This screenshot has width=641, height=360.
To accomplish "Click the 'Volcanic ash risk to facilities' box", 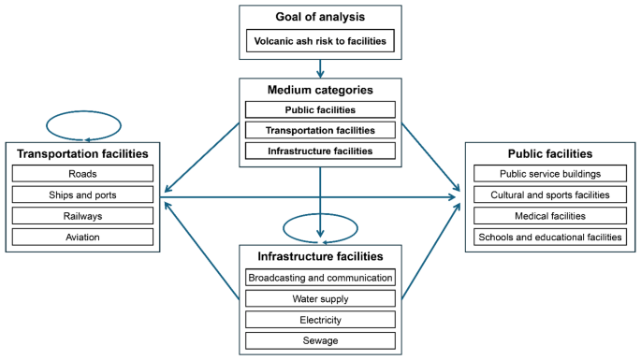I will click(320, 41).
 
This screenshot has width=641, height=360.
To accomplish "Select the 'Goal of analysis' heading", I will click(320, 18).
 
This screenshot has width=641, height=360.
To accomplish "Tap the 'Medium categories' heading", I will click(320, 91).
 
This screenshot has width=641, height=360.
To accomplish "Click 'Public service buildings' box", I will click(549, 174).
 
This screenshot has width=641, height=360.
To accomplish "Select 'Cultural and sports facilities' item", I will click(549, 194).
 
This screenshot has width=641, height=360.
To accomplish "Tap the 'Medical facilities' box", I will click(549, 216).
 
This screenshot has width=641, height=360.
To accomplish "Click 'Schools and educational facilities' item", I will click(549, 237).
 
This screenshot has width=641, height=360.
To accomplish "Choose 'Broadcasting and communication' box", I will click(320, 278).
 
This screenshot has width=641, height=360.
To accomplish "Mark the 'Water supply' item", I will click(320, 298).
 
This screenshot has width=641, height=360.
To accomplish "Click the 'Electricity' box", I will click(320, 320).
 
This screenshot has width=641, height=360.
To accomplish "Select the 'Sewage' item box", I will click(320, 340).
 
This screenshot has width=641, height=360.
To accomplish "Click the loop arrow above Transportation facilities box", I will click(83, 124).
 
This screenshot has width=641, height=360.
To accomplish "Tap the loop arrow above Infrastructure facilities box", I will click(320, 226).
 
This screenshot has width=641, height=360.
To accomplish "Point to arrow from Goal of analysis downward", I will click(320, 67).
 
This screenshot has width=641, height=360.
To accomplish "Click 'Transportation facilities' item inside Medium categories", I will click(320, 130).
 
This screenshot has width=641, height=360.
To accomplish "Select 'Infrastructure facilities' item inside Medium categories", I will click(320, 151).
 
